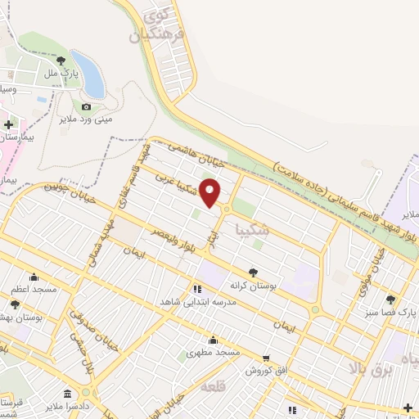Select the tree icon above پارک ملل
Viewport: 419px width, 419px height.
[x=61, y=61]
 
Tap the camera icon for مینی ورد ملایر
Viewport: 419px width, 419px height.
[x=86, y=107]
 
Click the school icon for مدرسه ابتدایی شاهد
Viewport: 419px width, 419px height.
[x=197, y=289]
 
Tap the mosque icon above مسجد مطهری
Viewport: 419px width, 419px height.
[x=213, y=340]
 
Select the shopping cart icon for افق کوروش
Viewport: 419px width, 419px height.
[x=267, y=358]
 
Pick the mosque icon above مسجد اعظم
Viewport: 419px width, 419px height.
[x=34, y=277]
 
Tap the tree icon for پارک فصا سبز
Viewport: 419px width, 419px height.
[x=391, y=300]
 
